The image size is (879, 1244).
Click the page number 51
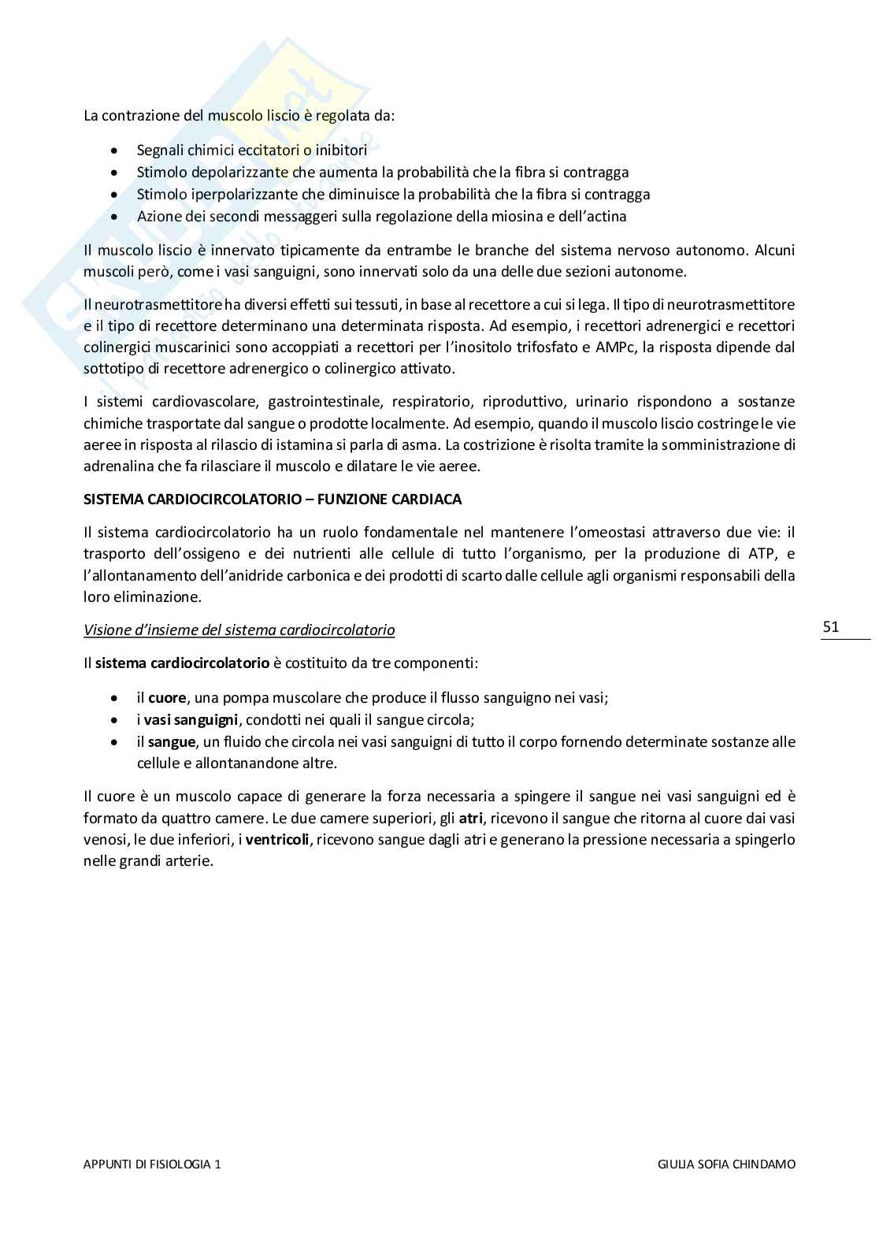[x=831, y=627]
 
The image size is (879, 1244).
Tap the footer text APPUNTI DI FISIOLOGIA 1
[x=152, y=1163]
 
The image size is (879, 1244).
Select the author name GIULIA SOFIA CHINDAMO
[x=725, y=1163]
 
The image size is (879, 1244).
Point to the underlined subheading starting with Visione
[x=239, y=629]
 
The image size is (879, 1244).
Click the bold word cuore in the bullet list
[x=167, y=697]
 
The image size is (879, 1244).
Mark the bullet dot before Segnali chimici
[x=116, y=150]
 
